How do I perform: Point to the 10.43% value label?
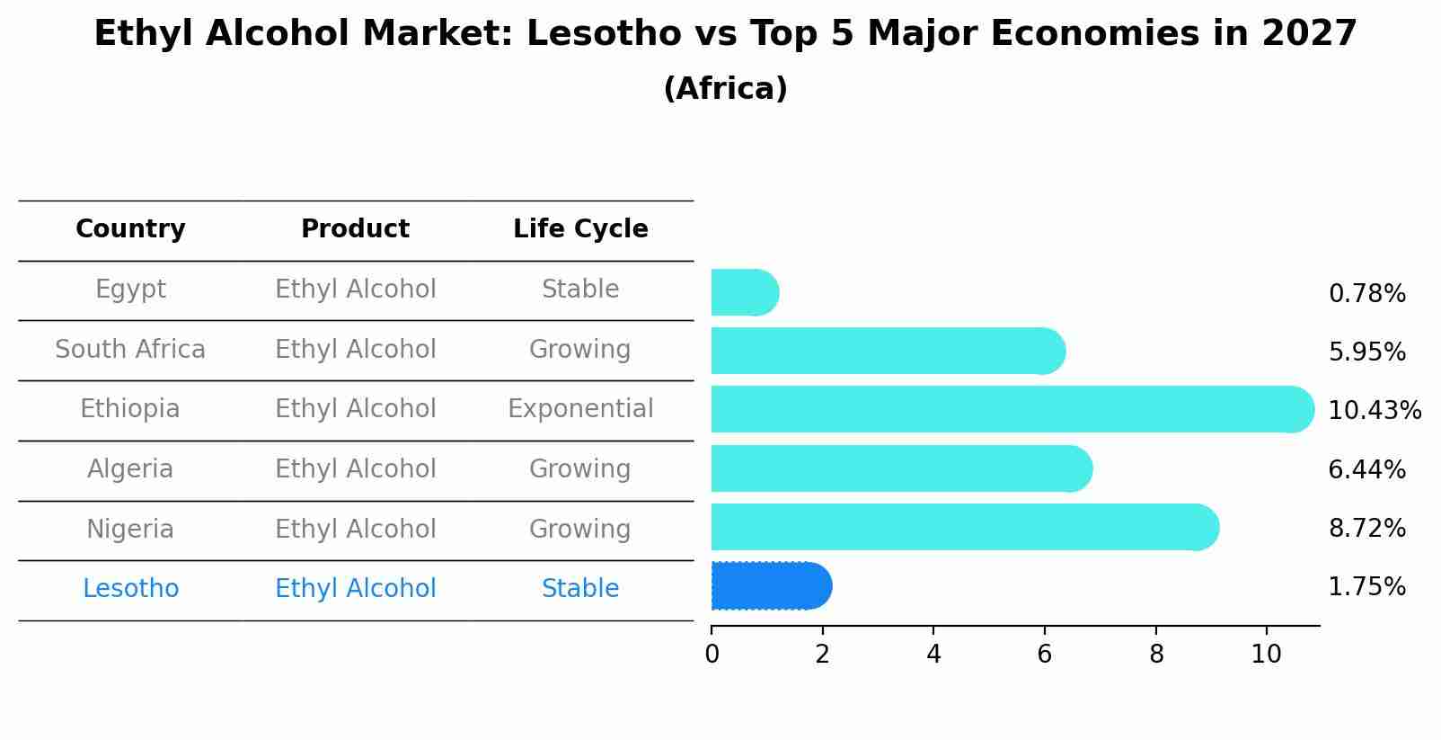[x=1374, y=411]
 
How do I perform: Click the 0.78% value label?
[x=1366, y=294]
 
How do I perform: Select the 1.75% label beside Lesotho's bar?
[x=1366, y=587]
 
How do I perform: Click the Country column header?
[x=130, y=229]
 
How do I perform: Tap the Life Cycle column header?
[x=580, y=229]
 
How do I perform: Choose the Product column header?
[x=355, y=229]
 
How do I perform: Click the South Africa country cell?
[x=130, y=350]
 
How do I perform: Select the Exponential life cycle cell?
[x=580, y=409]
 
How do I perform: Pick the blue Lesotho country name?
[x=130, y=589]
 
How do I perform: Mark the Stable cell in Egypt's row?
[x=580, y=290]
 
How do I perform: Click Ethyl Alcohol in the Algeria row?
[x=355, y=469]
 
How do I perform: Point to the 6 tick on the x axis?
[x=1044, y=655]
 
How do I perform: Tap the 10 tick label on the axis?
[x=1266, y=655]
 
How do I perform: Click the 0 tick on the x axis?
[x=712, y=655]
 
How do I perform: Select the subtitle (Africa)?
[x=725, y=89]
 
